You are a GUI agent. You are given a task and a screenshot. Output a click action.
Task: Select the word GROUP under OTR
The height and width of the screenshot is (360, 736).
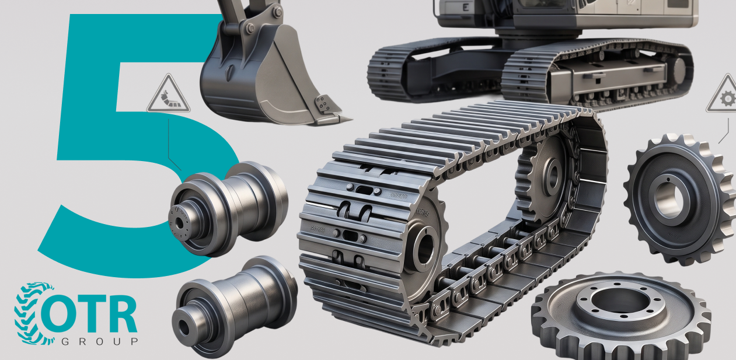[x=99, y=342]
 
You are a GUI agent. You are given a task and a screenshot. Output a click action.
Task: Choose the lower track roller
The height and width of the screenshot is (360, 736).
[x=235, y=306]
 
